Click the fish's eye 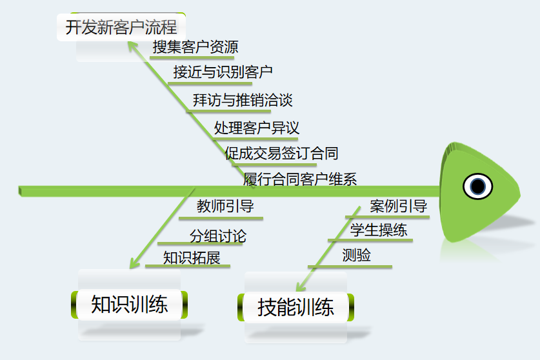click(x=477, y=186)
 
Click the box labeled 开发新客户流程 click(x=121, y=27)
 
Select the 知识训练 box click(x=130, y=305)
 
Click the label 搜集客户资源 click(x=195, y=47)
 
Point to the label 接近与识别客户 click(x=223, y=72)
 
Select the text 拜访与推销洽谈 click(x=243, y=100)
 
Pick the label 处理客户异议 click(x=256, y=127)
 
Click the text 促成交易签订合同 click(x=281, y=154)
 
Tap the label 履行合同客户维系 click(x=300, y=179)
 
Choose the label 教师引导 click(x=225, y=206)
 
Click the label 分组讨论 click(x=217, y=235)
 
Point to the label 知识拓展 click(x=192, y=258)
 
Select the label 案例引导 click(x=398, y=206)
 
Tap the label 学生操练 click(x=379, y=230)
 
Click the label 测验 click(x=357, y=255)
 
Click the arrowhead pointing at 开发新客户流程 click(x=132, y=45)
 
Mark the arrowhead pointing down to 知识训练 click(x=134, y=264)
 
